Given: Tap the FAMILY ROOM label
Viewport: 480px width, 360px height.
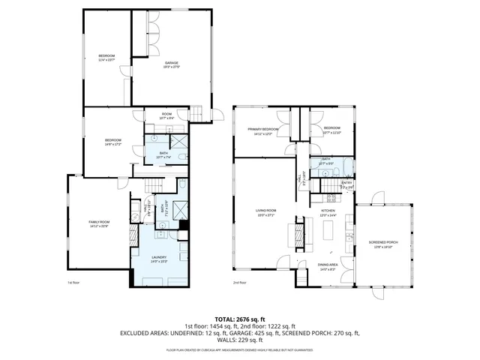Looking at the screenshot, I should click(99, 222).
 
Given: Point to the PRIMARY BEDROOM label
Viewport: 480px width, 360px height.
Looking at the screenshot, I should click(264, 130).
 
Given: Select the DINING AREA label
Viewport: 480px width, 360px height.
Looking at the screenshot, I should click(328, 265).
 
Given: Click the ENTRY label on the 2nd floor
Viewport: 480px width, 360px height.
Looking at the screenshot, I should click(346, 182).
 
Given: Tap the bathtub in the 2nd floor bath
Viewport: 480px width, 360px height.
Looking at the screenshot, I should click(348, 167).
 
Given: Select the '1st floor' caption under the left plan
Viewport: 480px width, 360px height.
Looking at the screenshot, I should click(73, 283).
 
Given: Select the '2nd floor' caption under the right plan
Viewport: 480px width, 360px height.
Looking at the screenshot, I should click(240, 283).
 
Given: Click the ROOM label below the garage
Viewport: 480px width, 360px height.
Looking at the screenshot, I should click(166, 114).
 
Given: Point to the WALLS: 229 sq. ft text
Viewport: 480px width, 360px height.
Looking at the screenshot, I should click(239, 340).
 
